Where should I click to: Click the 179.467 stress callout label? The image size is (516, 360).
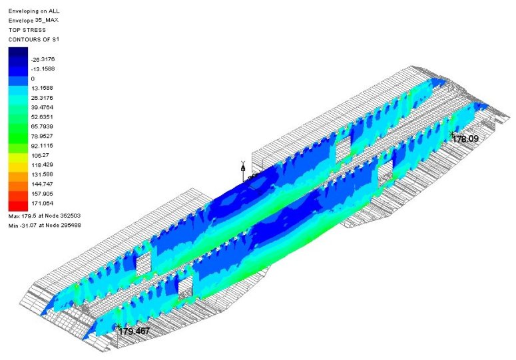pyautogui.click(x=134, y=331)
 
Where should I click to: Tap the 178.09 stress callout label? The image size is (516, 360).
pyautogui.click(x=465, y=138)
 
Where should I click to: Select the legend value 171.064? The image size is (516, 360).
pyautogui.click(x=43, y=203)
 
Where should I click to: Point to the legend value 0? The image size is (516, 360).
pyautogui.click(x=33, y=79)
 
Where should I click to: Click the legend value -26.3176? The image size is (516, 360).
pyautogui.click(x=43, y=59)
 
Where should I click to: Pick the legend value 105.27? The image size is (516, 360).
pyautogui.click(x=40, y=155)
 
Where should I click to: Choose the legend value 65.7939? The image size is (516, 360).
pyautogui.click(x=42, y=126)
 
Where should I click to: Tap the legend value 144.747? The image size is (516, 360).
pyautogui.click(x=42, y=184)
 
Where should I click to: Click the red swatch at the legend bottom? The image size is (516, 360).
pyautogui.click(x=18, y=206)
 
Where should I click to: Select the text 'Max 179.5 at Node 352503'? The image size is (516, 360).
pyautogui.click(x=45, y=216)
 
